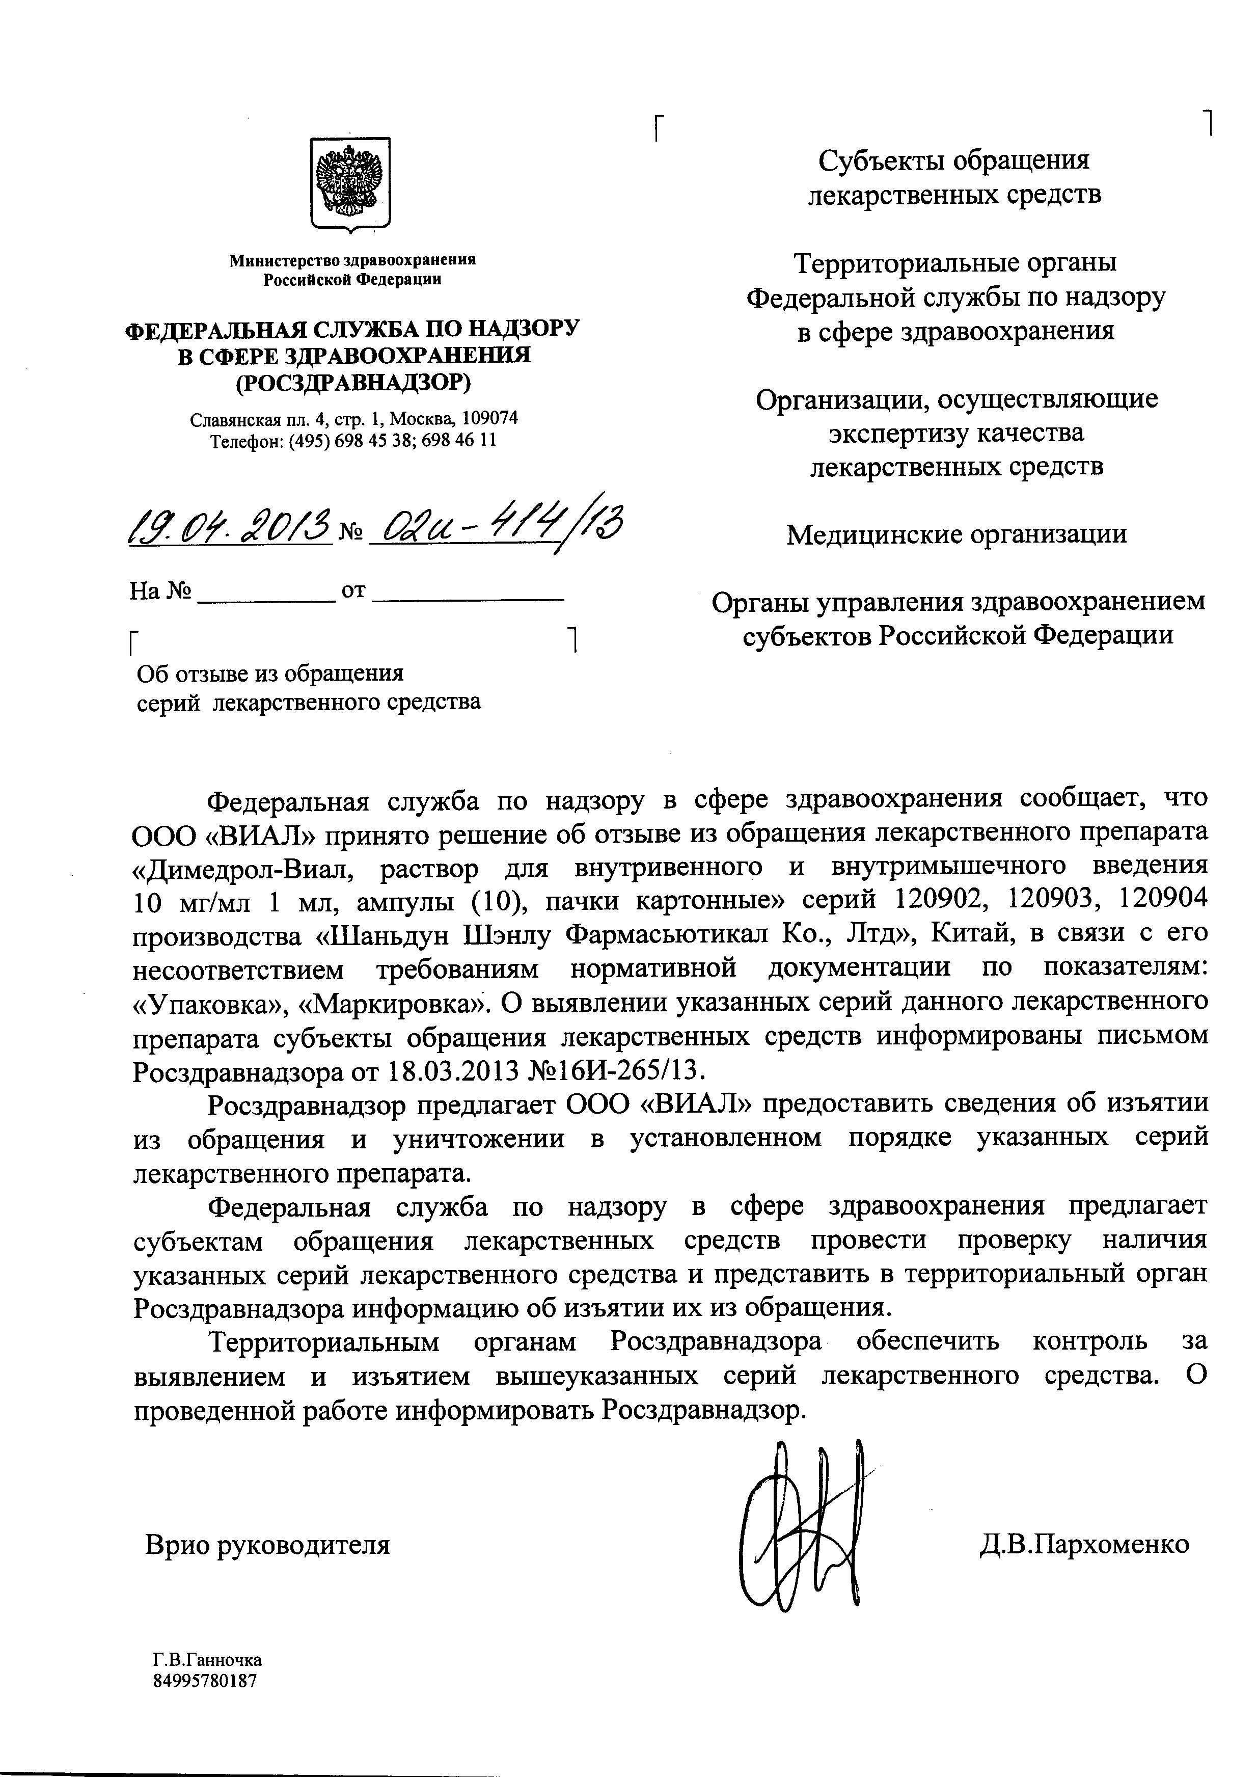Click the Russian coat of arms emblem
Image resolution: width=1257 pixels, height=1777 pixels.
coord(350,184)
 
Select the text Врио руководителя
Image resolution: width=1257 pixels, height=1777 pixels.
coord(267,1545)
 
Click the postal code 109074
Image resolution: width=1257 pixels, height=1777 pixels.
coord(489,419)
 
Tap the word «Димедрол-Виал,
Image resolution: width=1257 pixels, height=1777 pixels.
coord(244,867)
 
